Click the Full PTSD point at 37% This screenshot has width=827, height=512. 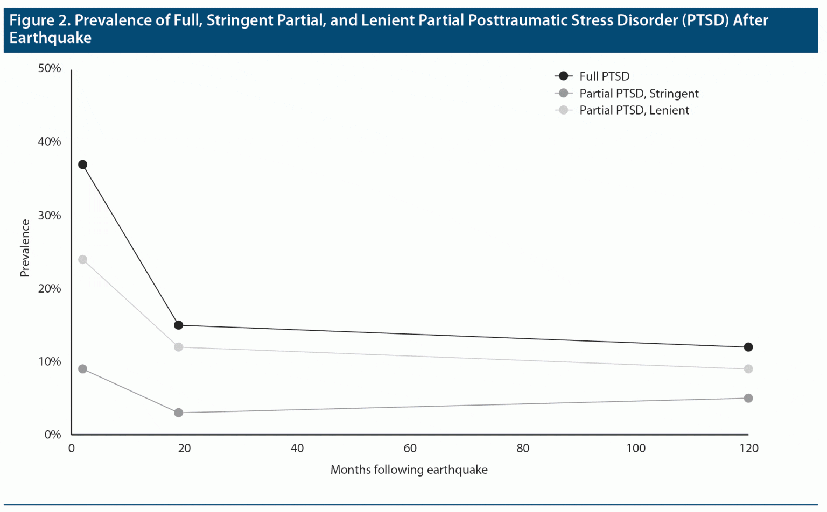[x=82, y=165]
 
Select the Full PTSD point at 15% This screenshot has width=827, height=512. [x=178, y=325]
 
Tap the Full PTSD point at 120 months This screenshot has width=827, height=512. [x=748, y=347]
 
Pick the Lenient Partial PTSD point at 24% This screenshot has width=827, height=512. [x=82, y=260]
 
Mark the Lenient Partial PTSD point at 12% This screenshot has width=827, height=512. [x=178, y=347]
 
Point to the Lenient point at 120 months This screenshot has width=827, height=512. [x=748, y=369]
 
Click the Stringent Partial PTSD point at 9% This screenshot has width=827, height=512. [x=82, y=369]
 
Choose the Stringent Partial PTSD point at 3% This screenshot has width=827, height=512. [x=178, y=413]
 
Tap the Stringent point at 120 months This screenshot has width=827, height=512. [x=748, y=398]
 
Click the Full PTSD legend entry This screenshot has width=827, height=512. [x=604, y=76]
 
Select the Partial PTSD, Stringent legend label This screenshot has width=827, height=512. [x=639, y=94]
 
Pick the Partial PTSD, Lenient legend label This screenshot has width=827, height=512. [x=634, y=110]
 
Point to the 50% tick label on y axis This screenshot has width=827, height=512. [x=50, y=68]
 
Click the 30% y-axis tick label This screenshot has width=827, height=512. [x=50, y=215]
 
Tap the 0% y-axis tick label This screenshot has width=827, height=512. [x=53, y=435]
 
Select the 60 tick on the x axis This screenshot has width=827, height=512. [x=410, y=449]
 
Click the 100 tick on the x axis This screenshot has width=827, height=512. [x=636, y=449]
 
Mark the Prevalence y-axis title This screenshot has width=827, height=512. [x=25, y=248]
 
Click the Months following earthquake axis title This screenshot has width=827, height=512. [x=409, y=470]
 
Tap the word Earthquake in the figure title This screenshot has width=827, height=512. [x=51, y=38]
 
